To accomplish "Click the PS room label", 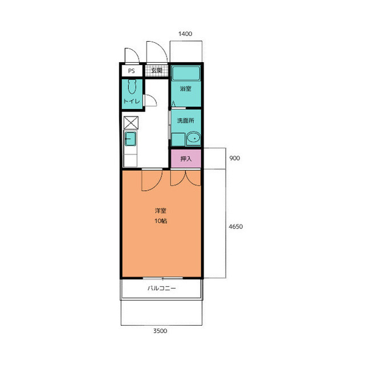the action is coord(131,71).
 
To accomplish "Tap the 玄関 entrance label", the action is coord(157,70).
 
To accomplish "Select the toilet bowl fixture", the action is coord(132,87).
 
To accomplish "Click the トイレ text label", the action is coord(132,101).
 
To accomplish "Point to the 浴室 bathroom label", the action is coord(185,89).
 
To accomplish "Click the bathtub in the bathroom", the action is coord(186,73).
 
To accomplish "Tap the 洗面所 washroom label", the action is coord(186,121).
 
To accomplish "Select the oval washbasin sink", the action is coord(194,138).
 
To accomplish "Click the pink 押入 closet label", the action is coord(186,159).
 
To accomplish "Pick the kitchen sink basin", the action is coord(131,139).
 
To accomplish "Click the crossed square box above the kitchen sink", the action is coord(131,123).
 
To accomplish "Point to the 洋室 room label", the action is coord(161,211).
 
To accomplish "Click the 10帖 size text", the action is coord(161,220).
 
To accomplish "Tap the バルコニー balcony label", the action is coord(161,288).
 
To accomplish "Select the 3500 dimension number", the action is coord(160,331).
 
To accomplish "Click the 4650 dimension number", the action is coord(236,227).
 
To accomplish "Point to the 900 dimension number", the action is coord(234,158).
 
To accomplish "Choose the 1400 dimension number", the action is coord(185,34).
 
